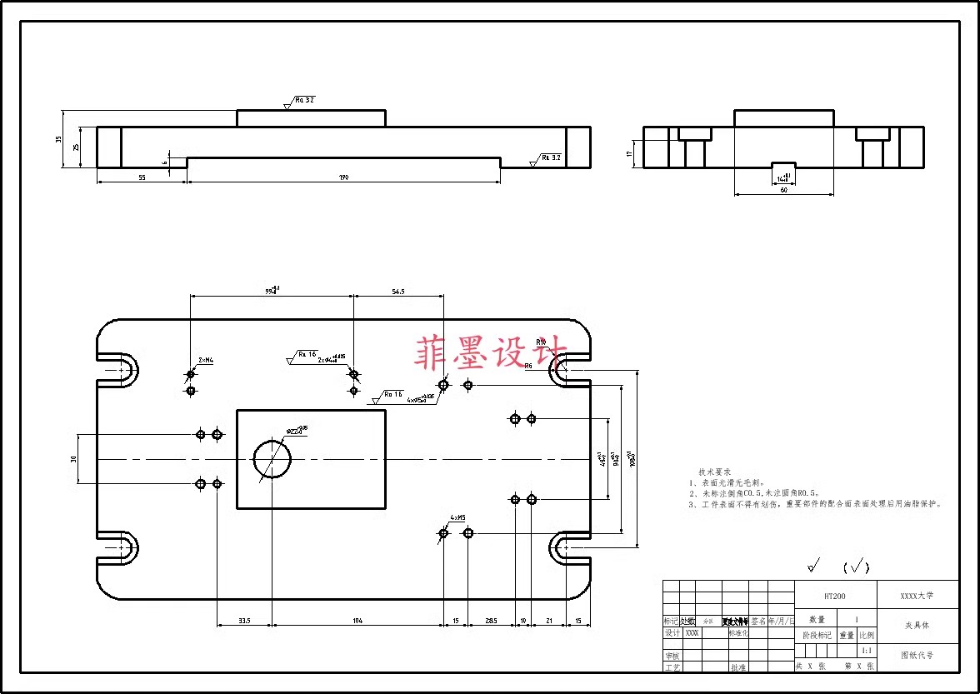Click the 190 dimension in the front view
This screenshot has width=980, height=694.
pyautogui.click(x=343, y=177)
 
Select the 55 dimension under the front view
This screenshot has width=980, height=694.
pyautogui.click(x=141, y=177)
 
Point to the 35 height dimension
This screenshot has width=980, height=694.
pyautogui.click(x=59, y=139)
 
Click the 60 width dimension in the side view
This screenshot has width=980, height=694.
pyautogui.click(x=783, y=191)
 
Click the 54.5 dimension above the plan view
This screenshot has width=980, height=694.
pyautogui.click(x=397, y=292)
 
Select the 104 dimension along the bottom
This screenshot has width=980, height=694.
pyautogui.click(x=357, y=621)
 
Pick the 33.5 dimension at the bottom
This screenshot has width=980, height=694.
pyautogui.click(x=244, y=621)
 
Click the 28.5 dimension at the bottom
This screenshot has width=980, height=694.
pyautogui.click(x=491, y=621)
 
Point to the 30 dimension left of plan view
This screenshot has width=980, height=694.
pyautogui.click(x=73, y=459)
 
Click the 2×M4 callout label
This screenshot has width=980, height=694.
pyautogui.click(x=206, y=361)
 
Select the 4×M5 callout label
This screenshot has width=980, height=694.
pyautogui.click(x=458, y=517)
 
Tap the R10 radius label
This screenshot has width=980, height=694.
pyautogui.click(x=541, y=342)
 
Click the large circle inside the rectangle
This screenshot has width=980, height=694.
pyautogui.click(x=272, y=459)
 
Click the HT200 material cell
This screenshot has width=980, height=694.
pyautogui.click(x=835, y=597)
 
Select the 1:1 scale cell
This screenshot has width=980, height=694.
pyautogui.click(x=867, y=651)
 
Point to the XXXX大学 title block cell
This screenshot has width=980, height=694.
pyautogui.click(x=917, y=597)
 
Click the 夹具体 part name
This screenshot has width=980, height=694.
pyautogui.click(x=917, y=625)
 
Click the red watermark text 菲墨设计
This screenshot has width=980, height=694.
pyautogui.click(x=491, y=352)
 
